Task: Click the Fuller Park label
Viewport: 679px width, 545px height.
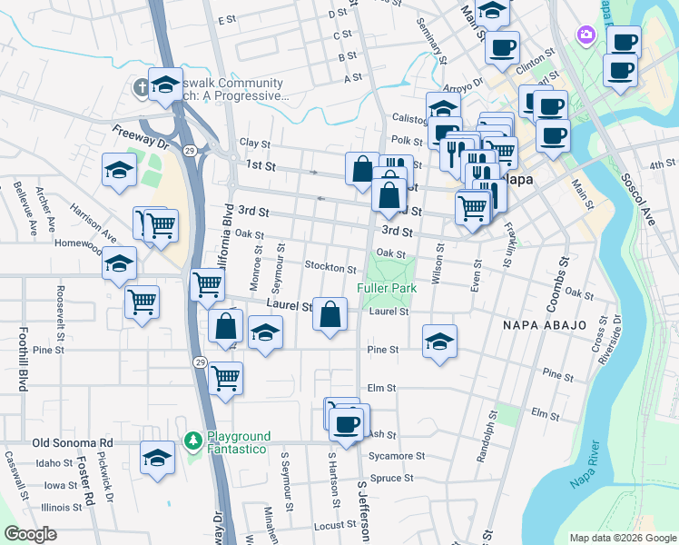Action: tap(385, 288)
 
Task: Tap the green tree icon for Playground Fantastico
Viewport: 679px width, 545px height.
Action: tap(192, 441)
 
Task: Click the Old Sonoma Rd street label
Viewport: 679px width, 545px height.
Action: tap(72, 442)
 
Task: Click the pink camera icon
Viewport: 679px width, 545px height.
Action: tap(586, 35)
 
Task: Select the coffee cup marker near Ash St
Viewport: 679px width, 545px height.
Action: tap(347, 422)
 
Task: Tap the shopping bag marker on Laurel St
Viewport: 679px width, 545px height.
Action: tap(330, 314)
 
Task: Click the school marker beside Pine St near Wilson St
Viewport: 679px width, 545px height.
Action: tap(439, 342)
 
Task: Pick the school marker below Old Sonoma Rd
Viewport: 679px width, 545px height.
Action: tap(157, 458)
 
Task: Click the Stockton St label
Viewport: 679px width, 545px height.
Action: tap(330, 268)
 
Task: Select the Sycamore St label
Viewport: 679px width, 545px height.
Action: tap(397, 456)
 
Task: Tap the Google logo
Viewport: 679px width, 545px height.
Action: tap(30, 534)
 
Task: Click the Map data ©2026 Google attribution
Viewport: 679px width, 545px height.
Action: tap(622, 538)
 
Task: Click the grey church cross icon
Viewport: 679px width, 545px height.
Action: tap(141, 87)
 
